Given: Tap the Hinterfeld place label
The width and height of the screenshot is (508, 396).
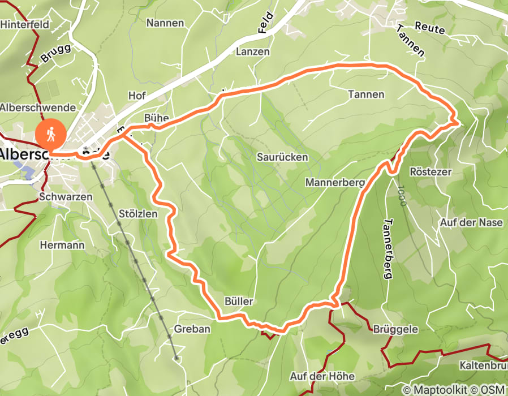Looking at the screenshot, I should (25, 24).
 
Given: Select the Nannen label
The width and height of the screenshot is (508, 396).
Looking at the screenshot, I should (165, 23).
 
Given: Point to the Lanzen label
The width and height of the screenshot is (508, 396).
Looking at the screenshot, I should (253, 51).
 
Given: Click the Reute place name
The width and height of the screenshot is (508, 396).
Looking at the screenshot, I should (430, 27).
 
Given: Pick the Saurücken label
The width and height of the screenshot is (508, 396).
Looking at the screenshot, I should (282, 157).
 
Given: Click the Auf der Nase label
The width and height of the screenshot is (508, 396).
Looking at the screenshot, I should (471, 222).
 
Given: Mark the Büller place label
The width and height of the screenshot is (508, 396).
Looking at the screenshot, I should (238, 302).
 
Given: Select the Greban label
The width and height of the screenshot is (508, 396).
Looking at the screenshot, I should (192, 329).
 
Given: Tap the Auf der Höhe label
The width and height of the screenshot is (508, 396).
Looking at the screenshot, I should (322, 376).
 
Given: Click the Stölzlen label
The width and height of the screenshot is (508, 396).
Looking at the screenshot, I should (139, 214).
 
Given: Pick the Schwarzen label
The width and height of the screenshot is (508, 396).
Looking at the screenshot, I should (66, 197).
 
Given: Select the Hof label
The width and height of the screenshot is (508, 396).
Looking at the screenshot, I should (137, 96).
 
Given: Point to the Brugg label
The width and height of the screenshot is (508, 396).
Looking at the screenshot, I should (56, 54).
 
